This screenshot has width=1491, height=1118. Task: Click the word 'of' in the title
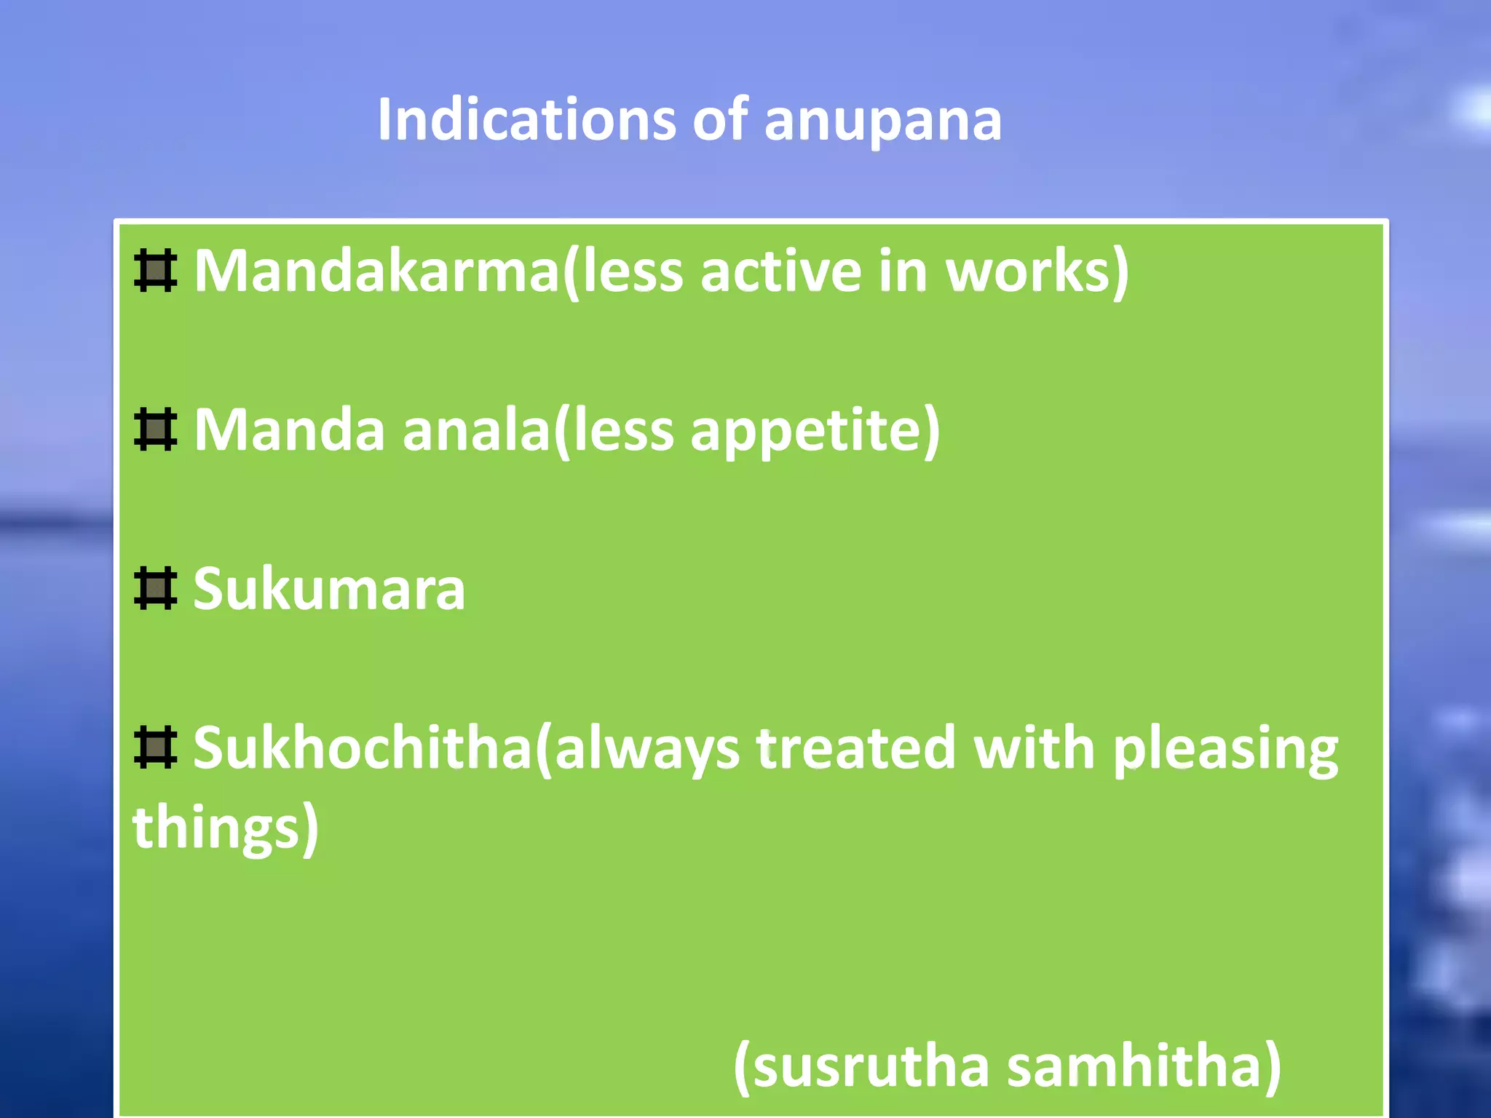pos(719,119)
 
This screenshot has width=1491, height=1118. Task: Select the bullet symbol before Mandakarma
pos(155,271)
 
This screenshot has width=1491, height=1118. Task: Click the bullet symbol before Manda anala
pos(155,429)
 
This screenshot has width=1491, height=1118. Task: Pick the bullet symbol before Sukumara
pos(155,588)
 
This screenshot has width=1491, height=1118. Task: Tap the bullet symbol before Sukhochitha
pos(155,747)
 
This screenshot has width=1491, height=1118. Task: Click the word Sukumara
pos(329,589)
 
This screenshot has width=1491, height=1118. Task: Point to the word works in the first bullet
pos(1034,271)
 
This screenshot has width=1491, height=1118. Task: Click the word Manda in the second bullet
pos(289,430)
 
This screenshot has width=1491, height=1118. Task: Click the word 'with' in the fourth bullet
pos(1035,748)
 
